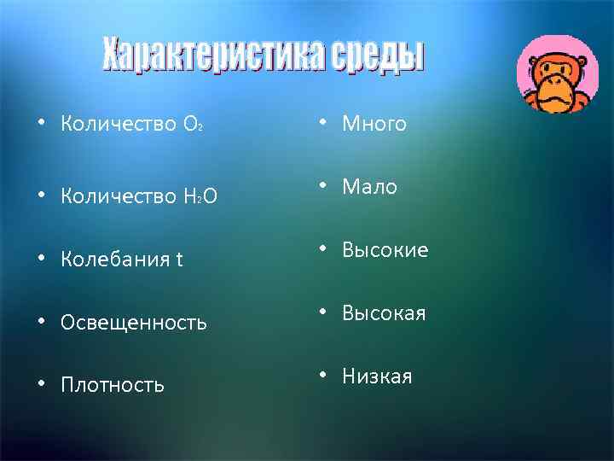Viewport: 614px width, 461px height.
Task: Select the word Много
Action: [x=374, y=125]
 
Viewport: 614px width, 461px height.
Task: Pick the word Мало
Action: [x=370, y=187]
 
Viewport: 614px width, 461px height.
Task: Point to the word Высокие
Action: [x=385, y=250]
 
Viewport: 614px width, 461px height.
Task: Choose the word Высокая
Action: [x=384, y=313]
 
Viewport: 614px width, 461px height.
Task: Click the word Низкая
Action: [x=377, y=376]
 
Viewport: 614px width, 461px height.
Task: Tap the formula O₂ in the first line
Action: [x=192, y=125]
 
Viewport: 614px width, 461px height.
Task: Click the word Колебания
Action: [x=114, y=260]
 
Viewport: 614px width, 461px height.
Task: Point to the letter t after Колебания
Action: [x=179, y=260]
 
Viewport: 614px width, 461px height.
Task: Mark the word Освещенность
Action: [x=134, y=323]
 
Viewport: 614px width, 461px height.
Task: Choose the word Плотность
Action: [x=113, y=385]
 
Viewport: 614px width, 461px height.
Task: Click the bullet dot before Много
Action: [x=325, y=125]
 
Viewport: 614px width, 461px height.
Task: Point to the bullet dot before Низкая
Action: [x=325, y=376]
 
